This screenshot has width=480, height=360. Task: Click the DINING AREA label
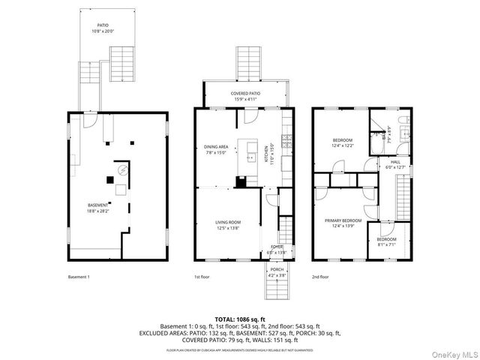click(x=215, y=148)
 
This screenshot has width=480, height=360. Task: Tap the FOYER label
click(x=277, y=250)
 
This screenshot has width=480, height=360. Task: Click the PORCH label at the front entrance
click(x=277, y=273)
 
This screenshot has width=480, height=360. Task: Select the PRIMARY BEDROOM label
click(x=343, y=223)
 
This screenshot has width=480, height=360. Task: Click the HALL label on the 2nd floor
click(x=394, y=164)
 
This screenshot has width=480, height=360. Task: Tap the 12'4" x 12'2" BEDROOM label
click(x=343, y=142)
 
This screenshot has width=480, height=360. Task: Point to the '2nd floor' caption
click(x=320, y=277)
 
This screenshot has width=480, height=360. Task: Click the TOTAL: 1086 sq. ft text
click(x=239, y=318)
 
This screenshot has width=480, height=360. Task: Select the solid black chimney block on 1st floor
click(x=240, y=181)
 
